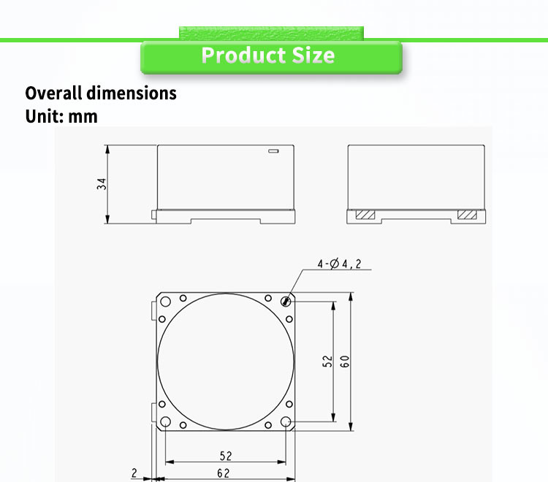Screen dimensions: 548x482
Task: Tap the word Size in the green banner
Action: [x=313, y=56]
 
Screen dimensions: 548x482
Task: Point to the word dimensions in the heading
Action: [x=132, y=93]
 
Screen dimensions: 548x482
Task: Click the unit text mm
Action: [x=83, y=117]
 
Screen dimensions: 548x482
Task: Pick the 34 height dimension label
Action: [x=102, y=184]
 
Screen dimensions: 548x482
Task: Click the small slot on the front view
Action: [x=273, y=151]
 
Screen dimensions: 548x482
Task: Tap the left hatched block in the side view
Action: [x=365, y=215]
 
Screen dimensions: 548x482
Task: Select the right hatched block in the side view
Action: [x=467, y=215]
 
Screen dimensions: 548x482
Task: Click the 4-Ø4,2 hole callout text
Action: [x=339, y=264]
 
